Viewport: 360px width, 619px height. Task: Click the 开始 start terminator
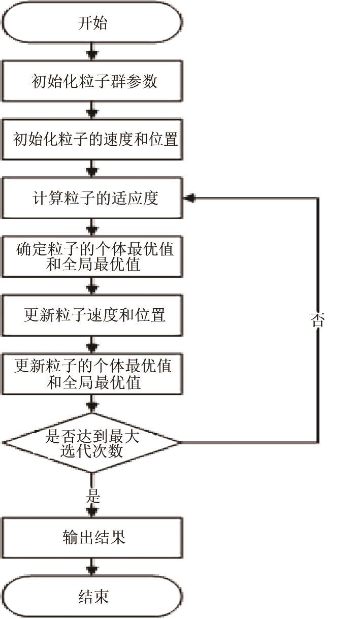[92, 23]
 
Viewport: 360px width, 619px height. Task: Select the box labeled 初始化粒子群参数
[92, 81]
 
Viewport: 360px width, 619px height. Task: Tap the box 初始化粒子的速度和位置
[92, 140]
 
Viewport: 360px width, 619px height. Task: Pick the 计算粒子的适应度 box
[92, 198]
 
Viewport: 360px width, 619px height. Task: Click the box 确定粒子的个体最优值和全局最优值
[92, 256]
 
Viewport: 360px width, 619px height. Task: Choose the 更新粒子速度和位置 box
[92, 315]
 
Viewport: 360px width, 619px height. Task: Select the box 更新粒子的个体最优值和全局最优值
[92, 373]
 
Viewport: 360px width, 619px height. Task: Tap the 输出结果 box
[92, 538]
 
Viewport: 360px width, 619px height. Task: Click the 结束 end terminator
[92, 596]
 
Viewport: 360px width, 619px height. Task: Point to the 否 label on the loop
[317, 320]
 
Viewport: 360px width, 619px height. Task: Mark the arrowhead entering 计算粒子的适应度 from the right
[189, 198]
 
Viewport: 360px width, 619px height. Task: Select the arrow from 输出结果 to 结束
[92, 567]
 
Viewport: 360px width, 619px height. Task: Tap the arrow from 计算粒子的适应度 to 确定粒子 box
[92, 227]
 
